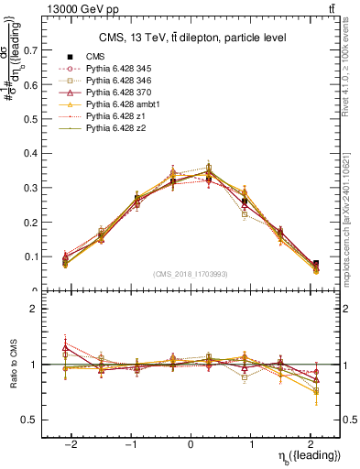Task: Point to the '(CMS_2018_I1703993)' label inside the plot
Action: click(191, 274)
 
